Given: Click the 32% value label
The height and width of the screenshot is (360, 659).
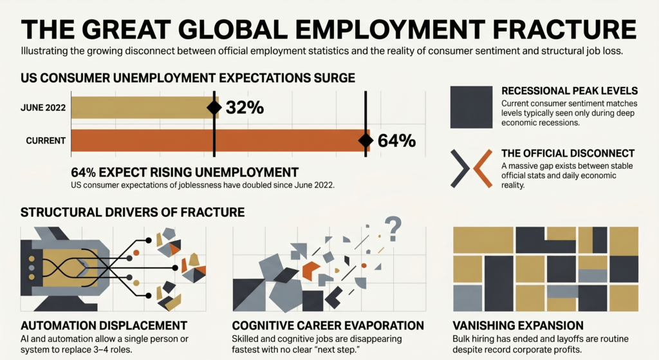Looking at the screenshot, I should click(245, 108).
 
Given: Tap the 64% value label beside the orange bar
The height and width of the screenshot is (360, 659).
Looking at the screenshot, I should click(396, 140).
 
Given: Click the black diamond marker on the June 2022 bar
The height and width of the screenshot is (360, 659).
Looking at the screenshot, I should click(214, 108).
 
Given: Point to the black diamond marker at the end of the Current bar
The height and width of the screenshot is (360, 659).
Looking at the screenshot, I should click(366, 140).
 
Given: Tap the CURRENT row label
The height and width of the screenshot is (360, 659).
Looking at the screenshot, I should click(47, 140).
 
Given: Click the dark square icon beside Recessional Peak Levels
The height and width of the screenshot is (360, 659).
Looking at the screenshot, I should click(471, 106).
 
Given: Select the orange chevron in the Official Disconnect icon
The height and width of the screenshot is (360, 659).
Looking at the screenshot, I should click(482, 168).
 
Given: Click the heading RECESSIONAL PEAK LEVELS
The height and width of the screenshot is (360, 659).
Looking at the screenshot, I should click(569, 91).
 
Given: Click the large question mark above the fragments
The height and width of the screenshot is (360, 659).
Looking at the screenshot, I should click(393, 225).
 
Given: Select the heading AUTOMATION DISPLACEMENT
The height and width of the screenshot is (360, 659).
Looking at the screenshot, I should click(104, 325).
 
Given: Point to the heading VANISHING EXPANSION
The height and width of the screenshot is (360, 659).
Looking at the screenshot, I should click(518, 325).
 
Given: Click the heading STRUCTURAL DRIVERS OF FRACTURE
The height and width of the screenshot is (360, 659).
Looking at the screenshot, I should click(133, 212).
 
